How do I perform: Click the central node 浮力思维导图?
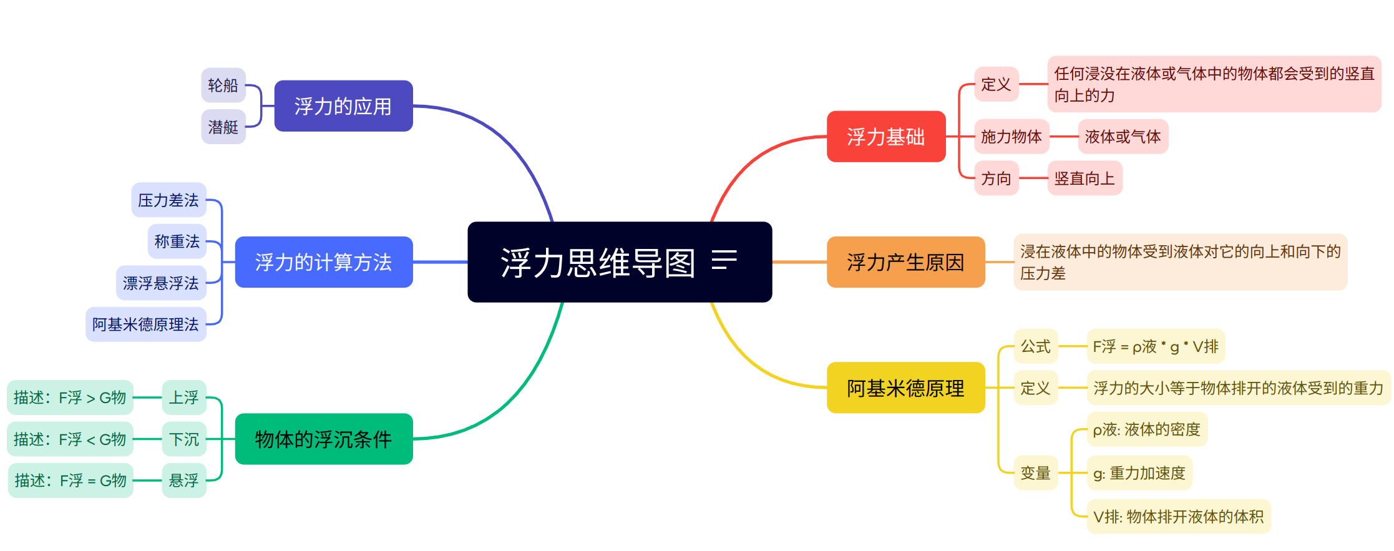coord(620,262)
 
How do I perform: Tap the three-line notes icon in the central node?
coord(724,260)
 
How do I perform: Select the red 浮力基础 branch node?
coord(886,137)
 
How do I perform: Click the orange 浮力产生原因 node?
coord(905,262)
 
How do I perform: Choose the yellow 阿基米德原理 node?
coord(905,388)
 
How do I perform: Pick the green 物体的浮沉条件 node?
coord(324,439)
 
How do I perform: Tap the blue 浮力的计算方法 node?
coord(324,262)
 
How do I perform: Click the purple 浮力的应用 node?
coord(343,106)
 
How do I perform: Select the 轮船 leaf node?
coord(223,85)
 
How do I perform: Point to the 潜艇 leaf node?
coord(223,127)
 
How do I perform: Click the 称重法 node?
coord(177,241)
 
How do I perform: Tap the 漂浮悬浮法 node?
coord(161,283)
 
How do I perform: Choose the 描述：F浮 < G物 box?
coord(70,439)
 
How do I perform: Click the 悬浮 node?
coord(184,480)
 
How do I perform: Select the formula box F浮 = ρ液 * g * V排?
coord(1156,346)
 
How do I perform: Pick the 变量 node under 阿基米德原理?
coord(1036,472)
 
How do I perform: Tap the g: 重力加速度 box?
coord(1139,472)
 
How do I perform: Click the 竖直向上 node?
coord(1084,178)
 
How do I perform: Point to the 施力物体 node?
coord(1011,136)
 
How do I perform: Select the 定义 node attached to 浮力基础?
coord(997,84)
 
